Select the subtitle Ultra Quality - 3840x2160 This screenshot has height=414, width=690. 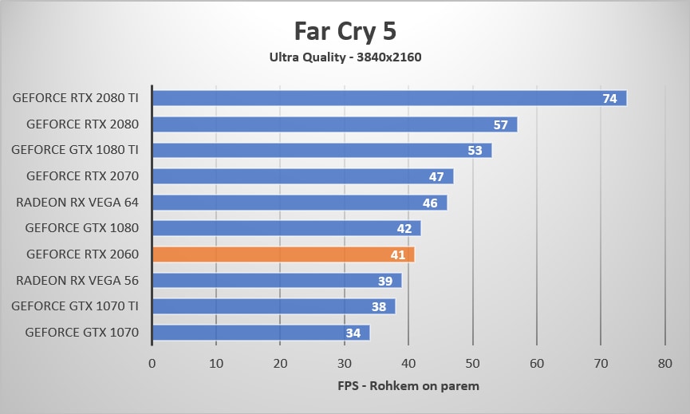[x=345, y=57]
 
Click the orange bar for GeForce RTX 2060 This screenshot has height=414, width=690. [x=283, y=254]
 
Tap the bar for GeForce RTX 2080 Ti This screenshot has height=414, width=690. [x=375, y=98]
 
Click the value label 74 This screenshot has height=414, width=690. [x=609, y=99]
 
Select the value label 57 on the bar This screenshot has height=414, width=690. [x=501, y=125]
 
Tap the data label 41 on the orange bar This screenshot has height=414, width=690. [x=398, y=255]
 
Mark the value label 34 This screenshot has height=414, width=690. [x=353, y=333]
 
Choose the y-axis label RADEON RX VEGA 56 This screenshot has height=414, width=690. [x=77, y=280]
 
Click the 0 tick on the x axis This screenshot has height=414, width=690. [x=152, y=364]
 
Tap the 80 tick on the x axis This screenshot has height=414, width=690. [x=665, y=364]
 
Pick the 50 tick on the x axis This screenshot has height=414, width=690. [x=473, y=364]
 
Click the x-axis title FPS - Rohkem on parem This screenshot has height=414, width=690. [x=408, y=386]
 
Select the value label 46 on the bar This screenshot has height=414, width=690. [x=430, y=203]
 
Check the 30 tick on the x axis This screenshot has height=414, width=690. [x=345, y=364]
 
